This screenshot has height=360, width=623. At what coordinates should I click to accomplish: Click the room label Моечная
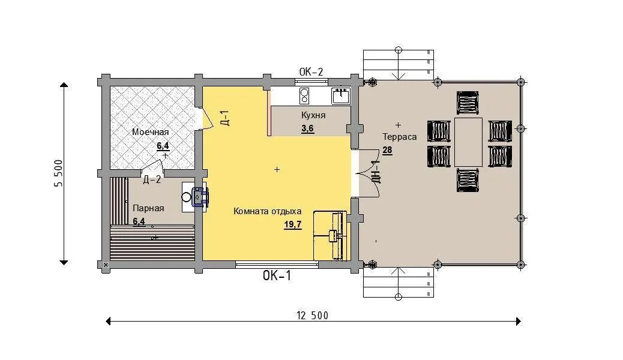click(x=150, y=132)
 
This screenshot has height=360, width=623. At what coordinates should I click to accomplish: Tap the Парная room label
click(x=148, y=208)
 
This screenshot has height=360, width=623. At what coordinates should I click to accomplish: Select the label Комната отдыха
click(x=268, y=211)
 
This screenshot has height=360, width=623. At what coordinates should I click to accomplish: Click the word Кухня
click(x=313, y=115)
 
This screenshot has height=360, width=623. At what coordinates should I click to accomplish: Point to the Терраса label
click(x=400, y=137)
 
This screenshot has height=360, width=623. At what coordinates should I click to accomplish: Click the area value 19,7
click(x=293, y=225)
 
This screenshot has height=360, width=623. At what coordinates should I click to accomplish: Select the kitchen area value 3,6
click(x=307, y=129)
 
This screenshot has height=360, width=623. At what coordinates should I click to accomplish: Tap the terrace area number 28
click(x=387, y=150)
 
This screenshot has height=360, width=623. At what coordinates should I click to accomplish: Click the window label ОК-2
click(x=311, y=72)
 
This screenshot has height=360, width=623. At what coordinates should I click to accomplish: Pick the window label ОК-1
click(x=277, y=275)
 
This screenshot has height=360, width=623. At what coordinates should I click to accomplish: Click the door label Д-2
click(x=152, y=179)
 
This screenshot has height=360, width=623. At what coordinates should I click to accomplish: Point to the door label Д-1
click(x=224, y=118)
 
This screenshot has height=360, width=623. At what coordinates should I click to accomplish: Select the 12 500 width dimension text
click(x=313, y=316)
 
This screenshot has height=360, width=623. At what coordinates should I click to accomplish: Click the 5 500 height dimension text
click(x=58, y=173)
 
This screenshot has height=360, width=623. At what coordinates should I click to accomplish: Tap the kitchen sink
click(x=340, y=96)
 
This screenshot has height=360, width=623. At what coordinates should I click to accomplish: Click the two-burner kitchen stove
click(x=304, y=96)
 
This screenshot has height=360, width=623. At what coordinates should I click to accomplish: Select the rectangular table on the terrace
click(x=468, y=142)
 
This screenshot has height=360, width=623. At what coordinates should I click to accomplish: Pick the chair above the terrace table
click(x=468, y=103)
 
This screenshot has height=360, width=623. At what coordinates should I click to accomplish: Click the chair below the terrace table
click(x=468, y=181)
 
